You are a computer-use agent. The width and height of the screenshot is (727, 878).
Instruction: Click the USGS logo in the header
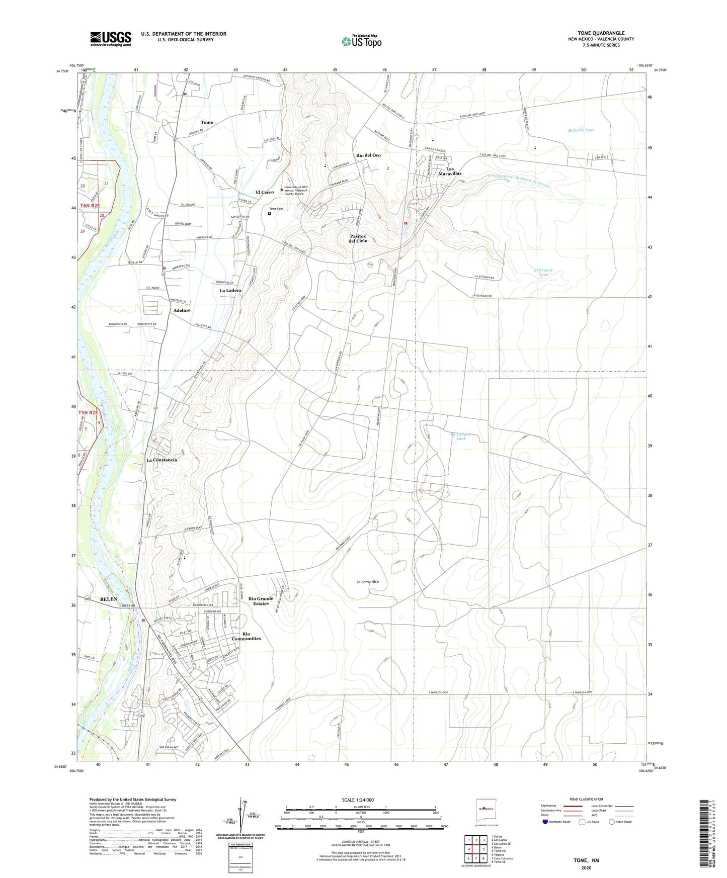[111, 39]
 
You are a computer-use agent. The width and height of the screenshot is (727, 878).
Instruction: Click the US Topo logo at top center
[361, 41]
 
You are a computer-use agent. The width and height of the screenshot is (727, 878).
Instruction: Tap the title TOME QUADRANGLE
[601, 33]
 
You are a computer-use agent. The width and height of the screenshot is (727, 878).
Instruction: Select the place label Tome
[207, 122]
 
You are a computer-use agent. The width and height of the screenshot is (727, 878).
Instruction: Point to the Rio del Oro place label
[368, 155]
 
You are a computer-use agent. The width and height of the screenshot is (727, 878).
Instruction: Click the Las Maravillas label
[449, 171]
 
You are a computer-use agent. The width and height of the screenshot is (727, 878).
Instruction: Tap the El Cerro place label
[265, 192]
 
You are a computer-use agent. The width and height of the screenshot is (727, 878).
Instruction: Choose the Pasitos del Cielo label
[358, 238]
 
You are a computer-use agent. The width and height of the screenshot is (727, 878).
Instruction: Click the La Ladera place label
[230, 290]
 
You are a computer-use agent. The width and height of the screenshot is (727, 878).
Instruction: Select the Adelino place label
[182, 310]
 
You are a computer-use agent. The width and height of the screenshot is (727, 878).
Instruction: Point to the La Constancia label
[161, 460]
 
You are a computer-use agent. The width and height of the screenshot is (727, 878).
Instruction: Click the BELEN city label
[109, 599]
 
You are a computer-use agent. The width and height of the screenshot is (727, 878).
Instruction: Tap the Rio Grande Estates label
[261, 601]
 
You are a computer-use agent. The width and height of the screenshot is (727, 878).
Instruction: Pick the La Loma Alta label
[367, 582]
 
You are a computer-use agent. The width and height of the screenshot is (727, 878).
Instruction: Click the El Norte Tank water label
[581, 130]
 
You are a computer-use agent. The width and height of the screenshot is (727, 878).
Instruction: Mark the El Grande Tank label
[543, 272]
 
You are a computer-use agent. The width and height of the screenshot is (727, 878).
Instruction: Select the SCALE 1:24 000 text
[358, 800]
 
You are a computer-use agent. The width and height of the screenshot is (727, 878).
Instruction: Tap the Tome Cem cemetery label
[276, 209]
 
